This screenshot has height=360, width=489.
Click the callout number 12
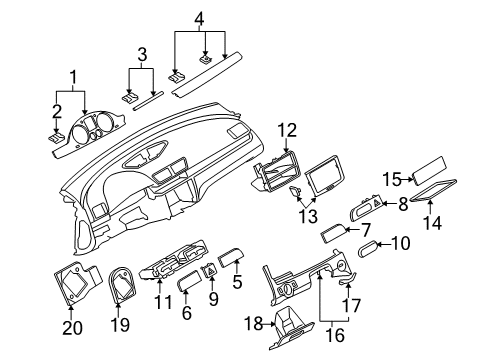pos(288,130)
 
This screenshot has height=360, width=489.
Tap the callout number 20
pos(72,328)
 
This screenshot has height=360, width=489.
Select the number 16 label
pos(335,334)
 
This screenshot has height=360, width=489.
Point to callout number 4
pos(199,19)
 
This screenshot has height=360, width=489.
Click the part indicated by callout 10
pos(369,249)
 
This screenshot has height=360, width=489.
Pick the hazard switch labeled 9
pos(212,270)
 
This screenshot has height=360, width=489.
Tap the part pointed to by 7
pos(334,234)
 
